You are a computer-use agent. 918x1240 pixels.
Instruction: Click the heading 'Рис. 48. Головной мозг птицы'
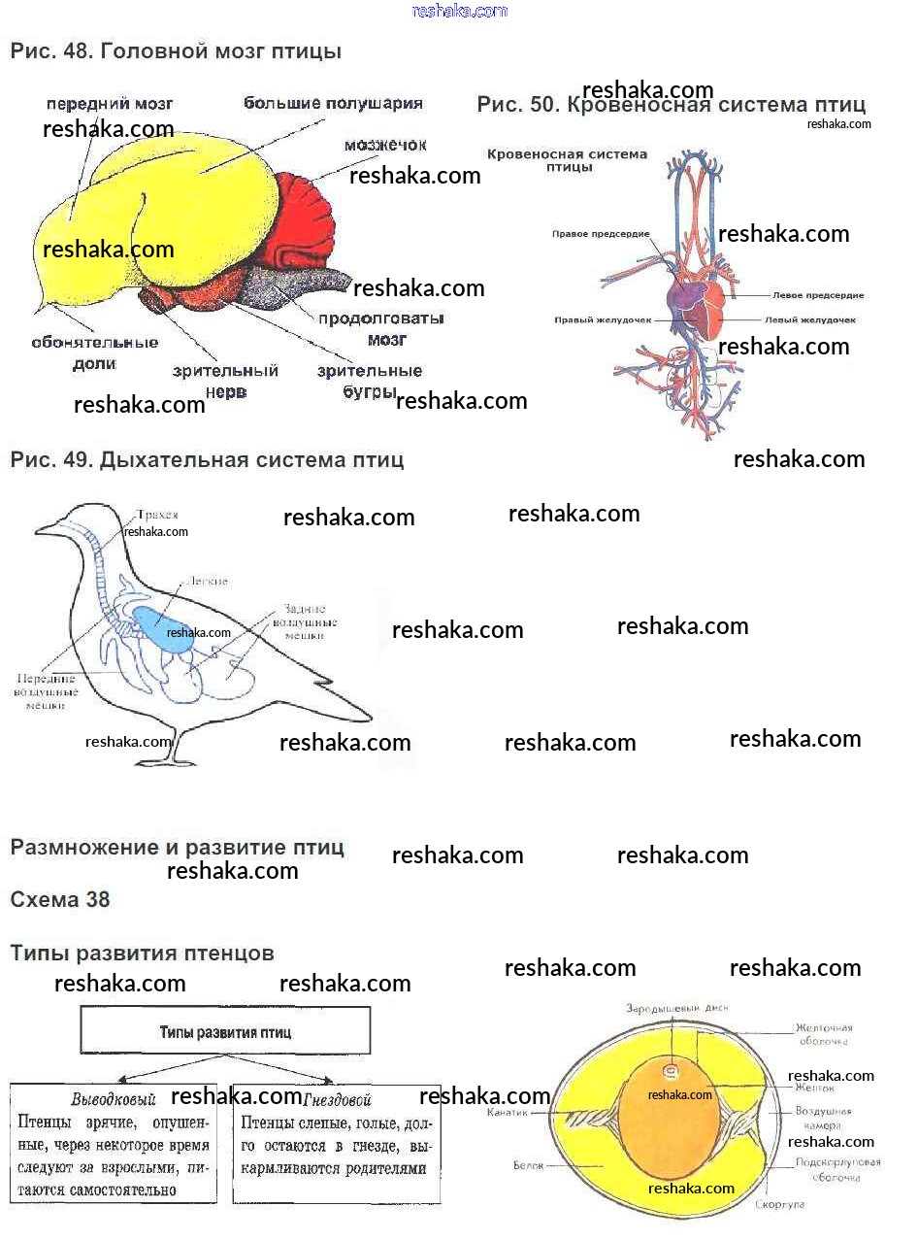pos(176,51)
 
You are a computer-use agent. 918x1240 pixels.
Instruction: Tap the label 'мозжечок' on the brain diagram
pos(385,145)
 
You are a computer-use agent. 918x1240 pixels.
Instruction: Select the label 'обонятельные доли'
pos(94,352)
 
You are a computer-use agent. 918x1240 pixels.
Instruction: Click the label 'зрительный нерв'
pos(225,381)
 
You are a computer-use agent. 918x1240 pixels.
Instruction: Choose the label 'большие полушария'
pos(333,103)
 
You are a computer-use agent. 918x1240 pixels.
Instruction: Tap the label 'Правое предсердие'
pos(601,234)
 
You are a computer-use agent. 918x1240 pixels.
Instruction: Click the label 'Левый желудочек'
pos(809,319)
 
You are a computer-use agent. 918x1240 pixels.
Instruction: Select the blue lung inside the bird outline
pos(159,623)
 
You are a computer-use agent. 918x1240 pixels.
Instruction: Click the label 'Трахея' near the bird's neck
pos(157,515)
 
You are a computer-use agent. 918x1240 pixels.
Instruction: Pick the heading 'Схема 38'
pos(60,899)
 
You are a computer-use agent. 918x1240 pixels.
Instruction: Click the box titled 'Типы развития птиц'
pos(225,1031)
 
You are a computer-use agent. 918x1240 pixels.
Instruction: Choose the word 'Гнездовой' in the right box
pos(339,1100)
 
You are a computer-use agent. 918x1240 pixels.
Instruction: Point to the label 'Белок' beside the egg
pos(528,1164)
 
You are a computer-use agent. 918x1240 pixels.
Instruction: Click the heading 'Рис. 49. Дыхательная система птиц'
pos(207,459)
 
